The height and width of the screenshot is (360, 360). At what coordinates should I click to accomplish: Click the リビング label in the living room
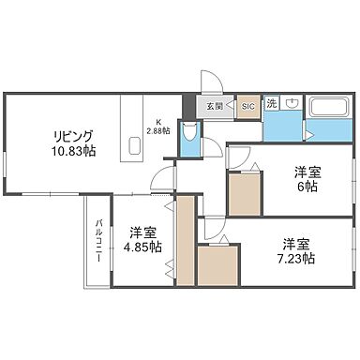coord(73,133)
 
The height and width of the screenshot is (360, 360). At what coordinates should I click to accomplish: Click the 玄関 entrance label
coord(216,107)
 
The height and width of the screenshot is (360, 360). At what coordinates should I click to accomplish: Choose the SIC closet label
coord(248,107)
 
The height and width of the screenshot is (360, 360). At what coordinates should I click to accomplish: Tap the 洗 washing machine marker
coord(271,102)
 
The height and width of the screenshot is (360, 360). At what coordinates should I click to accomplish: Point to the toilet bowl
coord(193,141)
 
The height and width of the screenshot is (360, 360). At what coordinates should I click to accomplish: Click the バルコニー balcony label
coord(97,240)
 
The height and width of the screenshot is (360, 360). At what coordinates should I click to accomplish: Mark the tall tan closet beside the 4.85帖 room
coord(186,242)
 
